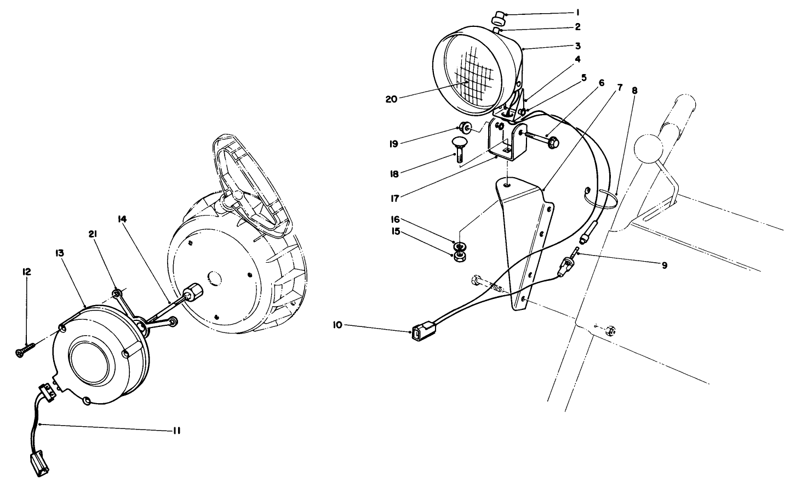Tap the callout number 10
pos(337,325)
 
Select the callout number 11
pos(175,431)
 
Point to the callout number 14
pos(122,219)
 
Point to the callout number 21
pos(93,235)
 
